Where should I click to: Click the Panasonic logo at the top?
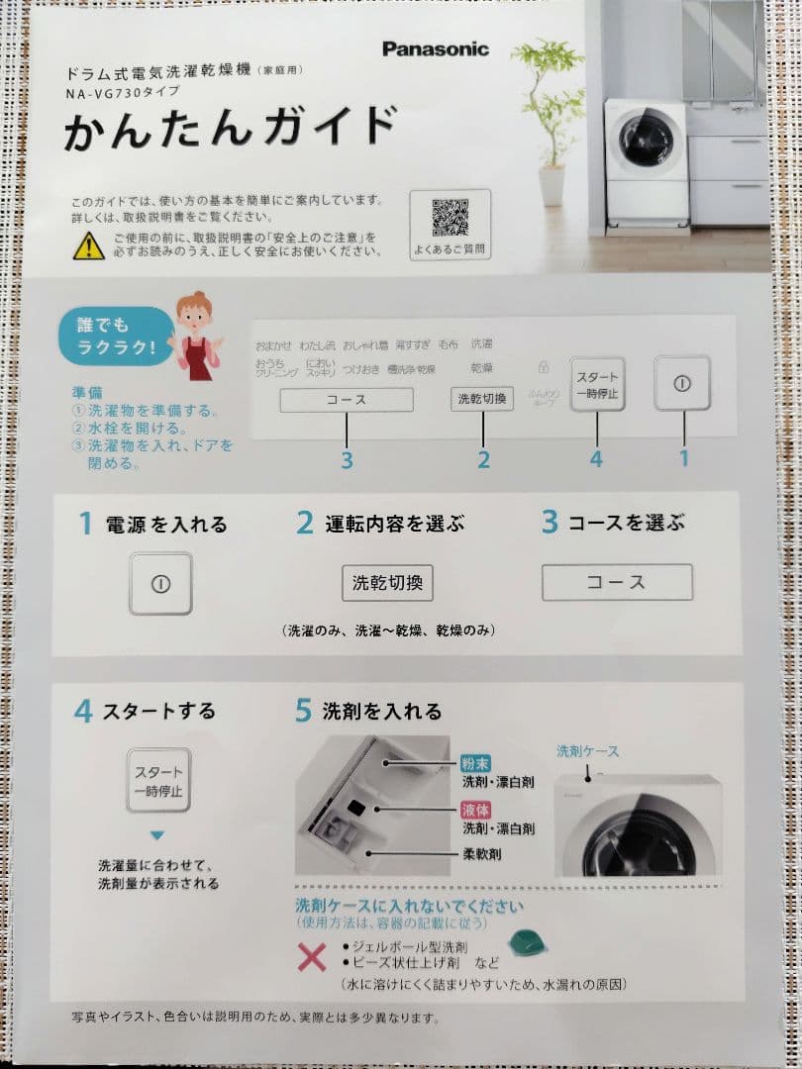tap(435, 49)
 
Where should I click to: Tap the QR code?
tap(450, 217)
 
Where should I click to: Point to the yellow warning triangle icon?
tap(88, 245)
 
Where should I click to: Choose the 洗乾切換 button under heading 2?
tap(387, 583)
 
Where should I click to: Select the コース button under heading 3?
tap(616, 583)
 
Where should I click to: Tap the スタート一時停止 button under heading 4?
tap(158, 780)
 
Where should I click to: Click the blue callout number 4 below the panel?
tap(596, 459)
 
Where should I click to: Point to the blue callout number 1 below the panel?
tap(683, 459)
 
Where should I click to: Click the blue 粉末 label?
tap(475, 764)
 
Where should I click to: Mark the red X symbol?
tap(312, 956)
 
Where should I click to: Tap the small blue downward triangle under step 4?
tap(156, 835)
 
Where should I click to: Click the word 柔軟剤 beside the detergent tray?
tap(481, 853)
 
